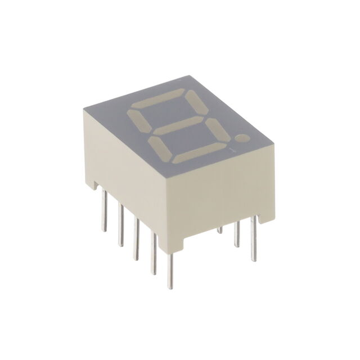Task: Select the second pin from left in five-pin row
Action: coord(119,225)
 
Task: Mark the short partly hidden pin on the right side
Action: coord(220,230)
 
